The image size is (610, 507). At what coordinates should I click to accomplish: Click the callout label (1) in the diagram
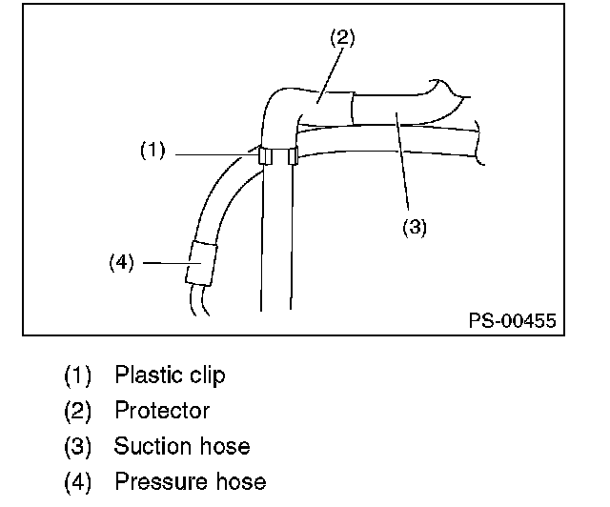pos(153,150)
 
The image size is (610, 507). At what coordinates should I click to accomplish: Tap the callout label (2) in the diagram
pos(342,37)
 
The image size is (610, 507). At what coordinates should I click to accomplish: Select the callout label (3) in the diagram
pos(413,227)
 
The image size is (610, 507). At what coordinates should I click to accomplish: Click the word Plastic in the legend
pos(145,375)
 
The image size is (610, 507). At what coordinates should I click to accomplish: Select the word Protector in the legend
pos(162,411)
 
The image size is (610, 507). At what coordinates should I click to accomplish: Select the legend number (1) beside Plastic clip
pos(78,375)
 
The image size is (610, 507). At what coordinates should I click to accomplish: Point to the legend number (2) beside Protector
pos(78,411)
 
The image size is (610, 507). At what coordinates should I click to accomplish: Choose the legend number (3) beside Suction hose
pos(78,446)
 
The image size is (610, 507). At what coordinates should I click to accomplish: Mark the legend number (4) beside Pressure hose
pos(78,481)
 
